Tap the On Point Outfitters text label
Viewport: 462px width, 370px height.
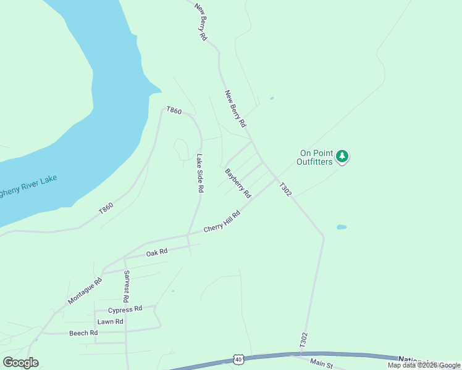click(315, 158)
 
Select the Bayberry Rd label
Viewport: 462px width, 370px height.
click(238, 183)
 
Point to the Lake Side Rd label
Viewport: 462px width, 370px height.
click(199, 173)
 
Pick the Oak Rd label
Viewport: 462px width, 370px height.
click(157, 252)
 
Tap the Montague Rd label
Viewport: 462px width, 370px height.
click(85, 290)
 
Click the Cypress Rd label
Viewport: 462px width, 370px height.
click(125, 309)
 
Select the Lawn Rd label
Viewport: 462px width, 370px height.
click(110, 322)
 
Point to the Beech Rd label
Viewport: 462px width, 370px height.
click(83, 333)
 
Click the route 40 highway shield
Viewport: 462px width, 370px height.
click(238, 359)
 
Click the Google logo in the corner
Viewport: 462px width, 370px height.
click(20, 363)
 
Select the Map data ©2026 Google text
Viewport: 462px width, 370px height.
click(424, 365)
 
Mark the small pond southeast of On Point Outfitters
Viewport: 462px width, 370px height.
click(341, 227)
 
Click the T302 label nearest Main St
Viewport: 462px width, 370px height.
click(303, 341)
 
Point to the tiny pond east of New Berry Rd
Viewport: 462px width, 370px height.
click(272, 98)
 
